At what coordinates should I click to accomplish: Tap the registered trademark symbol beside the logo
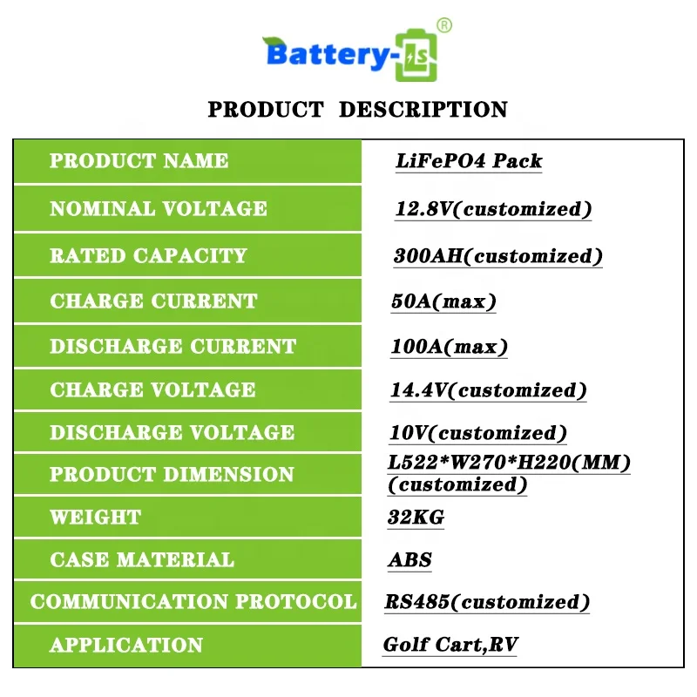point(444,26)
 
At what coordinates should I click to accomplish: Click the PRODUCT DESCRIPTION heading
point(357,110)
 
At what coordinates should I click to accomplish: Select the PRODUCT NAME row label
point(139,161)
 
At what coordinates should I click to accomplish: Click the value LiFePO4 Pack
point(469,161)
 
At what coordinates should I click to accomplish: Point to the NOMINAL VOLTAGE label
point(159,209)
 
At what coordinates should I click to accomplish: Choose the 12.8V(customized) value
point(493,209)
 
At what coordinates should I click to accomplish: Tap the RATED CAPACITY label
point(148,256)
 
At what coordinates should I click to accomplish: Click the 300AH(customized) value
point(497,256)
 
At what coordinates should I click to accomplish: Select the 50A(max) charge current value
point(443,301)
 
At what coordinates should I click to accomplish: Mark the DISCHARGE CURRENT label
point(173,346)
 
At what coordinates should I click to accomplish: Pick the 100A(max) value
point(449,347)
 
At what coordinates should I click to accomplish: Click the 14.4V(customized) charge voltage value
point(488,390)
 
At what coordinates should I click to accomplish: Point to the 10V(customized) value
point(477,433)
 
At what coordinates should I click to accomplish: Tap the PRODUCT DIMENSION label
point(172,475)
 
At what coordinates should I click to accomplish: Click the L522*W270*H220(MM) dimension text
point(509,464)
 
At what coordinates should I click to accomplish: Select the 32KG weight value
point(416,518)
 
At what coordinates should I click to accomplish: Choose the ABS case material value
point(409,560)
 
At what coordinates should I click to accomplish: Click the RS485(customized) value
point(487,602)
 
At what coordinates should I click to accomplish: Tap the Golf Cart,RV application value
point(451,646)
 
